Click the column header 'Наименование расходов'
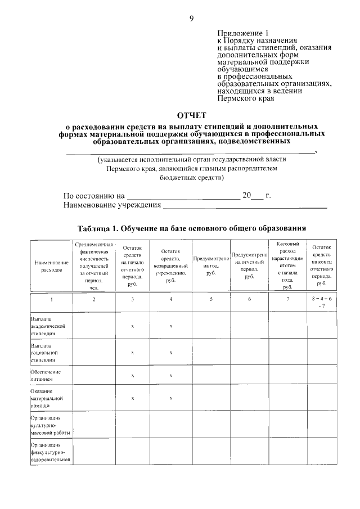click(x=51, y=265)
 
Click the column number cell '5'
click(x=211, y=299)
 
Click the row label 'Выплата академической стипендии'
click(x=49, y=326)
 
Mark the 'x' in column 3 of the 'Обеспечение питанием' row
click(x=132, y=376)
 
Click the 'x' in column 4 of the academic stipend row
click(x=170, y=326)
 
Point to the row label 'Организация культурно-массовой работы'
click(x=51, y=425)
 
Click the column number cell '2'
click(x=94, y=299)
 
